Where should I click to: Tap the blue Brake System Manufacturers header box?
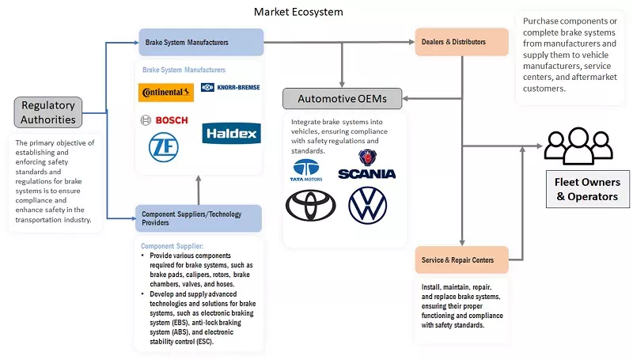200,42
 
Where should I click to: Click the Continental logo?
166,93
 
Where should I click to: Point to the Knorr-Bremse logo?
230,88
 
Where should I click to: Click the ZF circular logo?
162,146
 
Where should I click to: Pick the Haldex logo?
230,133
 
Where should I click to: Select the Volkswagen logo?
368,205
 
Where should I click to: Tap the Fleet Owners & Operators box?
587,188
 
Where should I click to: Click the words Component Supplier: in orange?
172,246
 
